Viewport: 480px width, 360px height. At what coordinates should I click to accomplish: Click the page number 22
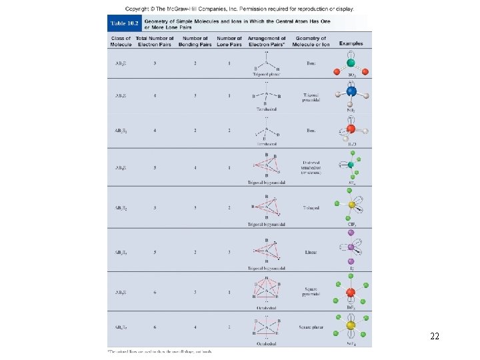coord(435,337)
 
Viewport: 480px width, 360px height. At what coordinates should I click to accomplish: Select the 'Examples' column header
coord(351,43)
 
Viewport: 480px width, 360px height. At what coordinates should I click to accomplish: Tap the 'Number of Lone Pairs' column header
coord(229,41)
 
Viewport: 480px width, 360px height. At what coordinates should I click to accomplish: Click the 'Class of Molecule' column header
coord(121,41)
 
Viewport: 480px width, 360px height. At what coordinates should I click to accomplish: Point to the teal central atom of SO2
coord(352,65)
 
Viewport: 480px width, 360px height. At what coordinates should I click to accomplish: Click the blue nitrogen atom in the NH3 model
coord(351,92)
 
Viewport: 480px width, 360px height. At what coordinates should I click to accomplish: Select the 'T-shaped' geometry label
coord(311,208)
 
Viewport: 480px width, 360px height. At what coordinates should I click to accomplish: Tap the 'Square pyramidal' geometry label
coord(311,292)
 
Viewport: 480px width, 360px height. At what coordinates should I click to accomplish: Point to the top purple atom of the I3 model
coord(351,233)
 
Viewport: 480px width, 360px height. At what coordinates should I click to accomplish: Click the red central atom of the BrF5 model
coord(351,291)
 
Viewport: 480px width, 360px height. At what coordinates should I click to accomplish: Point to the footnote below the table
coord(160,351)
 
